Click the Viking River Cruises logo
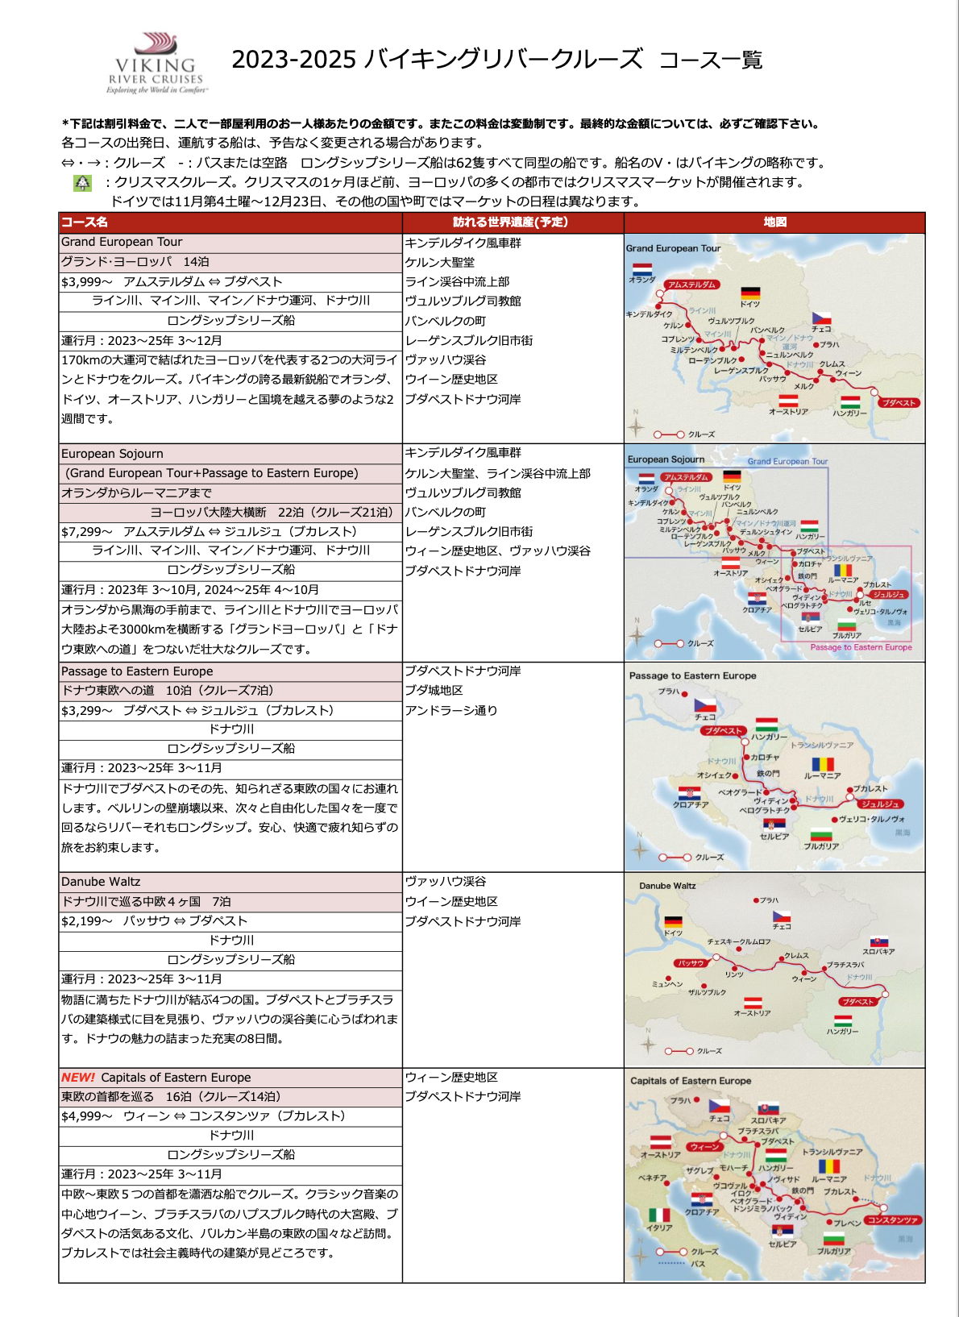(x=156, y=64)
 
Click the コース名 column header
(x=85, y=222)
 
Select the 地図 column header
(x=774, y=222)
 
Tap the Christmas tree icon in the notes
(x=82, y=183)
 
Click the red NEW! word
(x=78, y=1078)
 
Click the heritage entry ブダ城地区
(x=434, y=691)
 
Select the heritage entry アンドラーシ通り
(x=450, y=711)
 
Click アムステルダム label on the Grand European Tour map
(x=691, y=285)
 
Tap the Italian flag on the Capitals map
(x=659, y=1215)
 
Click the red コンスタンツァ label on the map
(x=893, y=1220)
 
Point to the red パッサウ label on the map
(x=691, y=963)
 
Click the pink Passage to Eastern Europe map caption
(x=861, y=647)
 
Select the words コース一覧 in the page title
(x=710, y=60)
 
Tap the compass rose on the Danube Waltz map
(x=647, y=1045)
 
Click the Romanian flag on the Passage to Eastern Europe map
(x=822, y=764)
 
